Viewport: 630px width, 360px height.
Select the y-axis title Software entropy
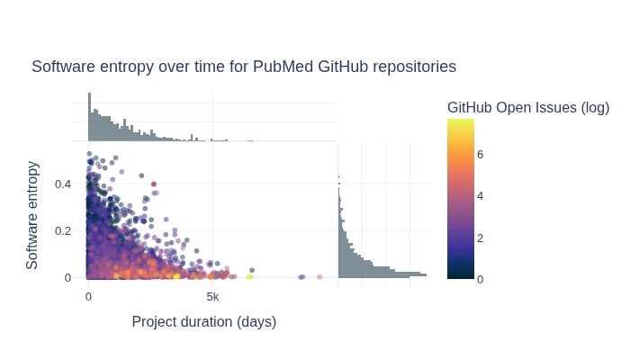point(32,215)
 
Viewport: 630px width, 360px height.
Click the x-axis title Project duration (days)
point(204,321)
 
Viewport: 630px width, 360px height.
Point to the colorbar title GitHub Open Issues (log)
point(528,108)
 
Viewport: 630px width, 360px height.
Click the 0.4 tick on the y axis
point(62,184)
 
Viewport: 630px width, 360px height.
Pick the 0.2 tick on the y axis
point(62,230)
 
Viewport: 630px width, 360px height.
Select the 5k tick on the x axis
point(212,297)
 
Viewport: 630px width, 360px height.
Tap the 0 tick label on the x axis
point(88,297)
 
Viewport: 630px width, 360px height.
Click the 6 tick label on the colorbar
point(480,154)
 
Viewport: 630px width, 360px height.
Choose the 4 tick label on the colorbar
point(480,195)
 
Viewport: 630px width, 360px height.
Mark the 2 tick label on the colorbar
point(480,238)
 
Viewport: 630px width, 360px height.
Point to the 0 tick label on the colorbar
point(480,279)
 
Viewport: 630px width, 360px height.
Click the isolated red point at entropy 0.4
point(154,184)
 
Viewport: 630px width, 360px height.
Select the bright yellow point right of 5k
point(249,277)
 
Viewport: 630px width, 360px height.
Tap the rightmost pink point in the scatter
point(319,277)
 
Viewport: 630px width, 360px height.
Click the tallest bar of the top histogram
point(89,116)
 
